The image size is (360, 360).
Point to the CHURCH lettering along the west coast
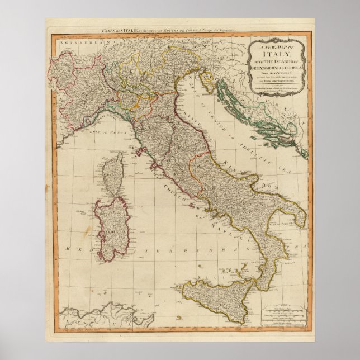click(x=167, y=190)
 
